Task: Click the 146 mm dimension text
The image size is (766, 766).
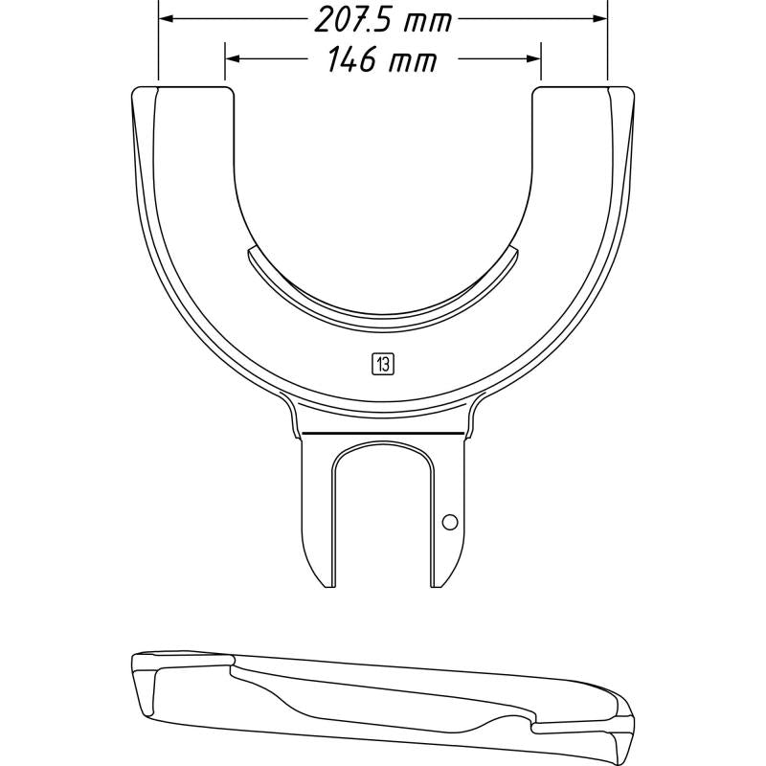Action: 382,61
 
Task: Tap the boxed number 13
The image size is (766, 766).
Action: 383,363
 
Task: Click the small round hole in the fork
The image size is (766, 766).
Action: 450,522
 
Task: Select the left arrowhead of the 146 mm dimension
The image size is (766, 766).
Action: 232,58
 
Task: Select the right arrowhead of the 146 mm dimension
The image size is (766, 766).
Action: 534,58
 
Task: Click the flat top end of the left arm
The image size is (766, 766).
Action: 182,89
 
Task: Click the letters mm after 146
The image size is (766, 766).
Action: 412,61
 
